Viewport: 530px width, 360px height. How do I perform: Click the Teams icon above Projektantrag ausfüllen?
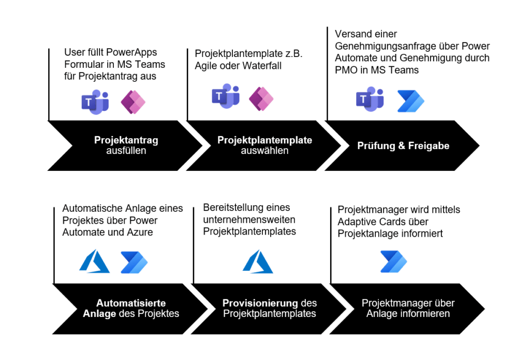coord(95,102)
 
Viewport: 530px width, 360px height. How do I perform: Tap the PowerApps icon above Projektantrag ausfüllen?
coord(133,102)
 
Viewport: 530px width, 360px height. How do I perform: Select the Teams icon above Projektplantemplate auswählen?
coord(226,96)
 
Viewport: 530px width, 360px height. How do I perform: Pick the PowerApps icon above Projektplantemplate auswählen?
coord(261,98)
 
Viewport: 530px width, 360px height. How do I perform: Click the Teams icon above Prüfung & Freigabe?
coord(370,99)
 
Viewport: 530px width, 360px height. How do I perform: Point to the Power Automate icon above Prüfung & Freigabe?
coord(410,101)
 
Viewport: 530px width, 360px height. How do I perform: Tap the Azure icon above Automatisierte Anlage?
coord(94,261)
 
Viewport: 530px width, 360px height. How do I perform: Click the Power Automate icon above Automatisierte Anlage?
coord(134,262)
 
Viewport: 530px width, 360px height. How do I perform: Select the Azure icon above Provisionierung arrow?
coord(258,261)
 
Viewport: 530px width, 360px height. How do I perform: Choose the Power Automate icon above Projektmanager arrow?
coord(393,261)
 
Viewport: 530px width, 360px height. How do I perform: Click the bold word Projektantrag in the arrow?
coord(126,140)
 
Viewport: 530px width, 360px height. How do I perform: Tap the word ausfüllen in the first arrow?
coord(126,151)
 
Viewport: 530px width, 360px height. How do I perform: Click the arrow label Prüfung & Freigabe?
coord(403,146)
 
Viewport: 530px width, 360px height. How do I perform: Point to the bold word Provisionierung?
coord(260,303)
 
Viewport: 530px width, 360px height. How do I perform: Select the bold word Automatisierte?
coord(131,303)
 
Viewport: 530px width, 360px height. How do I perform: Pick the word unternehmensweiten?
coord(249,220)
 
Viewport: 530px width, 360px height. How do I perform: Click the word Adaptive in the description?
coord(357,222)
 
